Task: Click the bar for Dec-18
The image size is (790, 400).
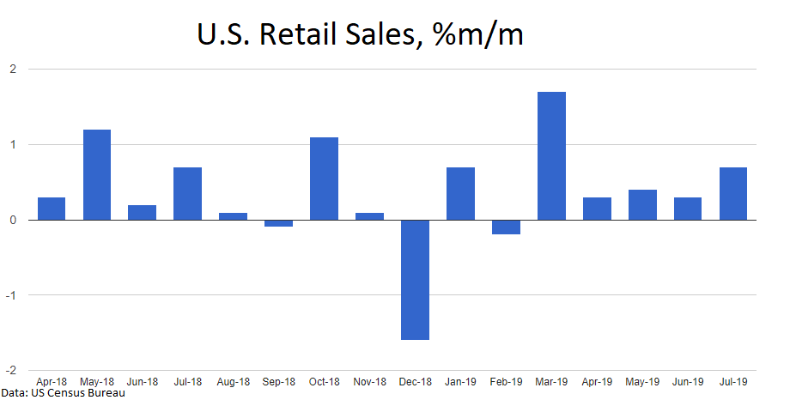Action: pos(415,280)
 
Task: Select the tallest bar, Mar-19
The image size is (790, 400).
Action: pos(551,155)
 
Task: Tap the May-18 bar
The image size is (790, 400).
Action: pos(96,174)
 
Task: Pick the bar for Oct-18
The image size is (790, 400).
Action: pos(324,179)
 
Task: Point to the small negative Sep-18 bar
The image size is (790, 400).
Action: pos(278,223)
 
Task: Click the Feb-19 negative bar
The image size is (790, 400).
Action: pos(506,227)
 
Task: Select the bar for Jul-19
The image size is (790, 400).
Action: pos(733,193)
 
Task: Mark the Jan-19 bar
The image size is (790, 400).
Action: pos(460,193)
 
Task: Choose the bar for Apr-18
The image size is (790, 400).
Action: pos(51,209)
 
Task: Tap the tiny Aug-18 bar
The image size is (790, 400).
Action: pos(233,216)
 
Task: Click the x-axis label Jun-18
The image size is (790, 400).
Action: pos(142,381)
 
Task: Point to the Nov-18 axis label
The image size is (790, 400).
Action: pos(369,381)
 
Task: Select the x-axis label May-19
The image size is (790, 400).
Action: pos(642,381)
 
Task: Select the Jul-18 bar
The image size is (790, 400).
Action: pos(187,193)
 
